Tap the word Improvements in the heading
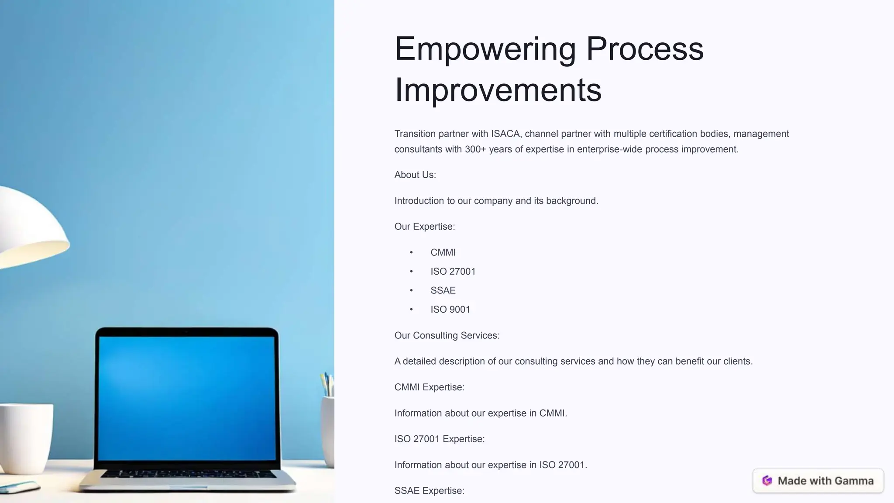498,90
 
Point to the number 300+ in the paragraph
475,149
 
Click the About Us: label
415,175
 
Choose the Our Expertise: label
424,227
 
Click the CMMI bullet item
443,252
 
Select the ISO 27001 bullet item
453,272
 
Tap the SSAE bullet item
443,290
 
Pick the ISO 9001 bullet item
450,310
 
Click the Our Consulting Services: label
447,335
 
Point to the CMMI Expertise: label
429,387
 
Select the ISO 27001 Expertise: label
439,439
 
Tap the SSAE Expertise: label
429,491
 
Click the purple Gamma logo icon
767,481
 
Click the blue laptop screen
187,397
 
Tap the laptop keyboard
188,474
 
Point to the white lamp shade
31,227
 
